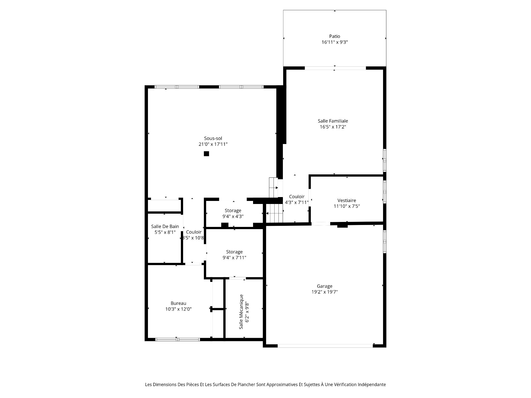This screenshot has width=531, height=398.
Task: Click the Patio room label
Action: [x=334, y=36]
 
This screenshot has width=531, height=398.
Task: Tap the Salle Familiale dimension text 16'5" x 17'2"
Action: [x=333, y=127]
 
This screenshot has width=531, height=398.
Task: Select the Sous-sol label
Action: [x=213, y=138]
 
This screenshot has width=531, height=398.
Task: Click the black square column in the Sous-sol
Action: [x=206, y=154]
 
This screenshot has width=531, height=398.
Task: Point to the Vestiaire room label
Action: [x=347, y=200]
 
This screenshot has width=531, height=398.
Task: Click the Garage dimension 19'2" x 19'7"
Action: [x=324, y=292]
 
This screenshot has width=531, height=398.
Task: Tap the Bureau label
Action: [x=178, y=303]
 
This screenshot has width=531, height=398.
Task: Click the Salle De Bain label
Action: [x=165, y=226]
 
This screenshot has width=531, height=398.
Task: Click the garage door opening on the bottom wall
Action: [x=325, y=345]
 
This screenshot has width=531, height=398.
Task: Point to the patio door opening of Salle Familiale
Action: [x=335, y=68]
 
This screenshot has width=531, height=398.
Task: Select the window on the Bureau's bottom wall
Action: [x=178, y=339]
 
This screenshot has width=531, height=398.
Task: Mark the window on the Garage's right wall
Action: [x=384, y=242]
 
